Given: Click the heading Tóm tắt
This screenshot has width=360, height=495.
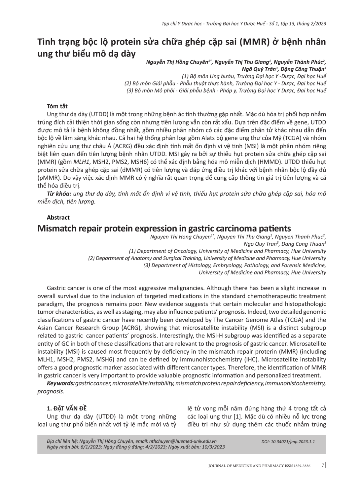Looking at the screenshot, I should (x=57, y=106).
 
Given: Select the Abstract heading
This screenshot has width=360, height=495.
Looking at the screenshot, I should (x=58, y=217).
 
